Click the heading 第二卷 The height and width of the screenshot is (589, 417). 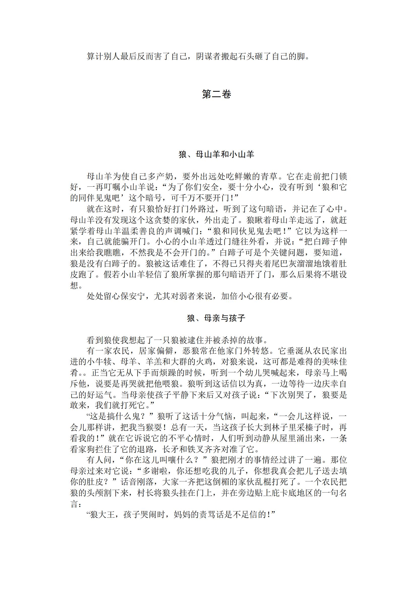point(216,94)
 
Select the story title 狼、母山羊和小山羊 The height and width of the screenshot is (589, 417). point(216,154)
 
